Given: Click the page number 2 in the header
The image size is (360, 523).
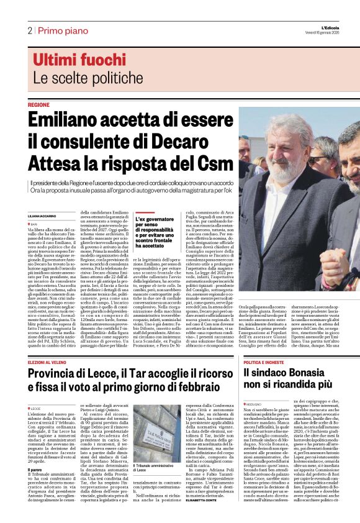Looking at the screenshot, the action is (x=29, y=30).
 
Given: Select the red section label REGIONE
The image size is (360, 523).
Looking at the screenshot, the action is (x=38, y=105).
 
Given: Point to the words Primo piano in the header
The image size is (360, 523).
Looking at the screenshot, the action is (x=61, y=30).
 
